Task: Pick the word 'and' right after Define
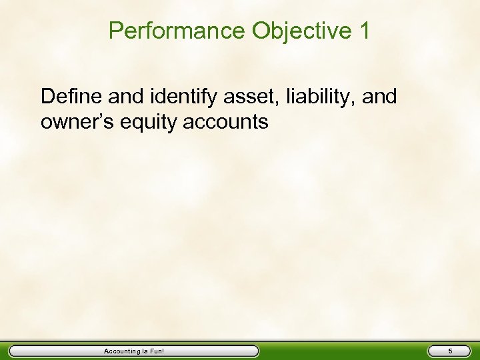pyautogui.click(x=123, y=97)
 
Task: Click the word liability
pyautogui.click(x=319, y=97)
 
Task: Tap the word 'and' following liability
pyautogui.click(x=381, y=97)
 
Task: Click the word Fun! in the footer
pyautogui.click(x=157, y=351)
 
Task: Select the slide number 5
pyautogui.click(x=450, y=351)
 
